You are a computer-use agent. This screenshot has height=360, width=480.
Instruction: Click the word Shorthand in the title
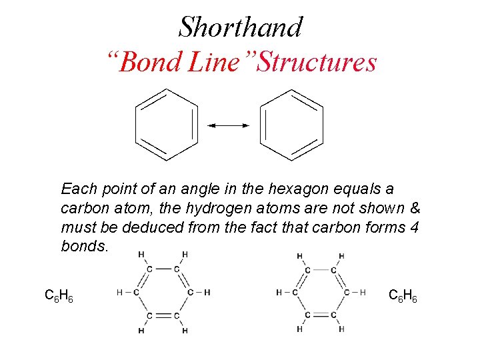point(240,27)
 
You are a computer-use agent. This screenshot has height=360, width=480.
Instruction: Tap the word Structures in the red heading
point(317,63)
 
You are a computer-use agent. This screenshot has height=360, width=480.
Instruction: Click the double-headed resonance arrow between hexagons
point(228,125)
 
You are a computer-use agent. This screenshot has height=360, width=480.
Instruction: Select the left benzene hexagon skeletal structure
point(167,125)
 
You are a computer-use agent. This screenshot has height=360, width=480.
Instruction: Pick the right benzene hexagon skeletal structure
point(291,125)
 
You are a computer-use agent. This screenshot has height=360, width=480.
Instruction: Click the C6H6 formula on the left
point(59,295)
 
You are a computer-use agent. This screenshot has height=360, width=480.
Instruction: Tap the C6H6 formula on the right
point(403,295)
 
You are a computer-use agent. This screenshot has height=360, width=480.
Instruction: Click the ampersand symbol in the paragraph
point(413,208)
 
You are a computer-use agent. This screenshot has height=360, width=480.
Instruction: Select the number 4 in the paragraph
point(415,227)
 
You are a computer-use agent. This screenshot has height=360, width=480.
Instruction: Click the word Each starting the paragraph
point(77,189)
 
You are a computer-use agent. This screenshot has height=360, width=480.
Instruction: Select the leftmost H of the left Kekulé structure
point(119,292)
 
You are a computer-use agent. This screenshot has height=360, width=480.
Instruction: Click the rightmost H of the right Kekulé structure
point(363,292)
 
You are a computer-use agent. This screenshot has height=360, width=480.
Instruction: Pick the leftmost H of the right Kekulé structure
point(279,292)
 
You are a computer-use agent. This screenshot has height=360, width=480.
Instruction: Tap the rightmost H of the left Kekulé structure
point(207,292)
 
